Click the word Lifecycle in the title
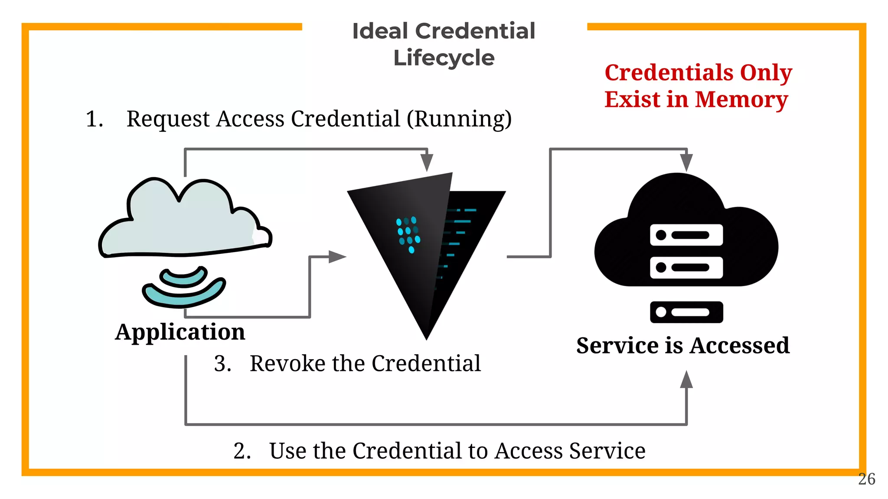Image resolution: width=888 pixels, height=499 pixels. [444, 58]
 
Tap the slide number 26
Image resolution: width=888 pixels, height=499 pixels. [866, 479]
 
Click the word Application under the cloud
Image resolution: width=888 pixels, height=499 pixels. [180, 332]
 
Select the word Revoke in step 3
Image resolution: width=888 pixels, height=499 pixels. [287, 363]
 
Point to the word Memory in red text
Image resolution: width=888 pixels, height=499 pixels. [741, 100]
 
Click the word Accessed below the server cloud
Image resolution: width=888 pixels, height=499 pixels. [740, 346]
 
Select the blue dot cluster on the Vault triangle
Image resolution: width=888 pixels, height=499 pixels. [408, 234]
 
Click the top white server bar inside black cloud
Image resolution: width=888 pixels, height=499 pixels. [686, 235]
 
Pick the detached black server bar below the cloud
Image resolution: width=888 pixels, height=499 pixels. [686, 312]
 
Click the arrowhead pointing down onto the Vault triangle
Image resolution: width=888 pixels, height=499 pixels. [427, 162]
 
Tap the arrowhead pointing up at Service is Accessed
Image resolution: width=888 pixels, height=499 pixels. [686, 380]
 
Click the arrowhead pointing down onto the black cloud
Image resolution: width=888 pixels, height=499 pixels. [686, 162]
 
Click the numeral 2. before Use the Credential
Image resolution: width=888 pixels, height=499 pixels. [242, 451]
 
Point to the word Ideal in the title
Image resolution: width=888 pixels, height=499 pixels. [380, 31]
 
